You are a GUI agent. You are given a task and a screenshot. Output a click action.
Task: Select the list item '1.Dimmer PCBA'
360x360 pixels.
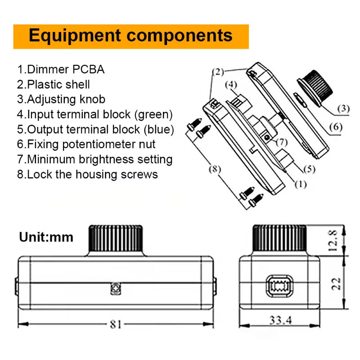[61, 69]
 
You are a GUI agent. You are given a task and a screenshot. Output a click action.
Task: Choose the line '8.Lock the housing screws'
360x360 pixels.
[87, 174]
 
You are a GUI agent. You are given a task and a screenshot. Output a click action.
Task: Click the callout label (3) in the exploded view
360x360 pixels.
[342, 108]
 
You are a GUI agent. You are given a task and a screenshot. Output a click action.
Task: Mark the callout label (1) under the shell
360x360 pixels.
[300, 184]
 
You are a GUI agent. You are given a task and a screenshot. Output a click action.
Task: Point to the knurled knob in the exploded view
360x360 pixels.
[317, 87]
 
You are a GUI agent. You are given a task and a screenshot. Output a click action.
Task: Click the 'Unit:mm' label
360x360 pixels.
[46, 237]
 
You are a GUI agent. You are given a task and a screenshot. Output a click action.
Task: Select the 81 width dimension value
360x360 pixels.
[116, 324]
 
